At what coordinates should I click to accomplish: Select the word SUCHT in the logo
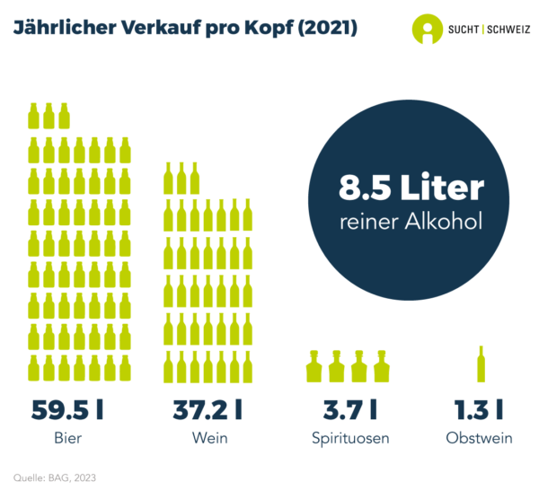pos(463,30)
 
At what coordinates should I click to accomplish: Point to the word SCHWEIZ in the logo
pos(508,30)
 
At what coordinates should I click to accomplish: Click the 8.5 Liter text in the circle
pos(411,188)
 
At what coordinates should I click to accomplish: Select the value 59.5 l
pos(67,410)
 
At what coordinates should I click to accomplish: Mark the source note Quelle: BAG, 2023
pos(55,477)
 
